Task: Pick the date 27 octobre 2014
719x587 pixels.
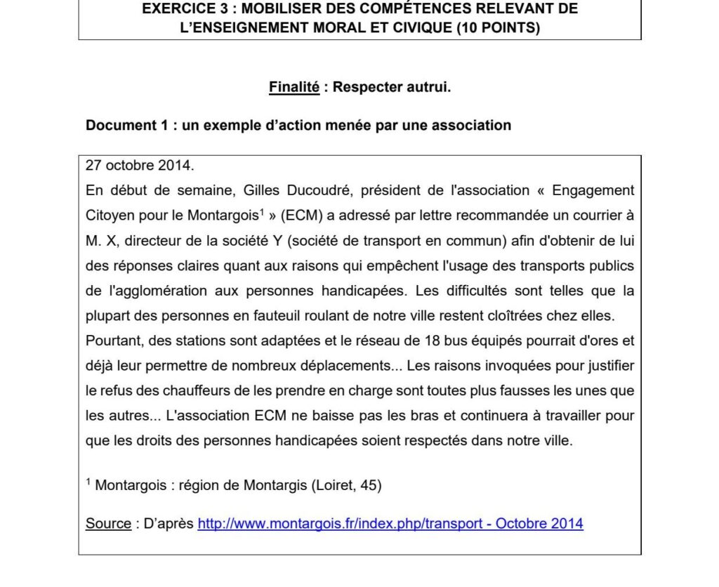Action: pyautogui.click(x=138, y=166)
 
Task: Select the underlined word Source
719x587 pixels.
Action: pyautogui.click(x=108, y=524)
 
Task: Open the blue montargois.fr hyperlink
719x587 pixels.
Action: pyautogui.click(x=390, y=524)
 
